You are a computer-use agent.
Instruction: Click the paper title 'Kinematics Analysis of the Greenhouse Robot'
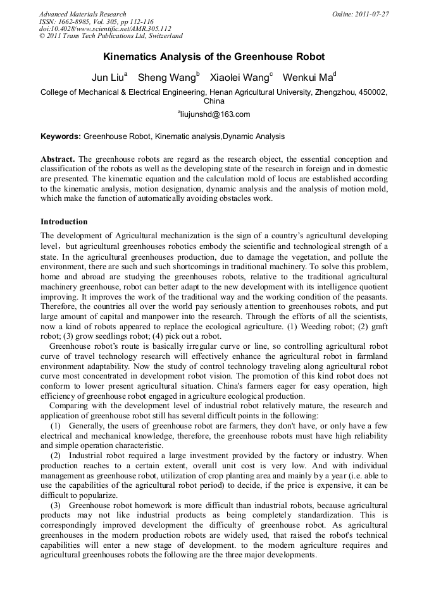pos(214,57)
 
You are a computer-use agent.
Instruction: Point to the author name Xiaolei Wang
pos(239,78)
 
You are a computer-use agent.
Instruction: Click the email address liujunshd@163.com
pos(216,114)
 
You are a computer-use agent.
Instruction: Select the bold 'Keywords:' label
pos(61,136)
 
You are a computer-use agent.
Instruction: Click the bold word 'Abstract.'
pos(58,159)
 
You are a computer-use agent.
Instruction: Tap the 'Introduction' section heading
pos(64,222)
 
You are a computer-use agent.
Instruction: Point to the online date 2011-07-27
pos(374,14)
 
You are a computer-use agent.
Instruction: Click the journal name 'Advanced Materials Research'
pos(82,14)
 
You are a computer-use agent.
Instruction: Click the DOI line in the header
pos(104,29)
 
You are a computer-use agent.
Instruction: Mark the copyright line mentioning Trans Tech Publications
pos(111,37)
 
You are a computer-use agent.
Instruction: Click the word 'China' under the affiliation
pos(214,100)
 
